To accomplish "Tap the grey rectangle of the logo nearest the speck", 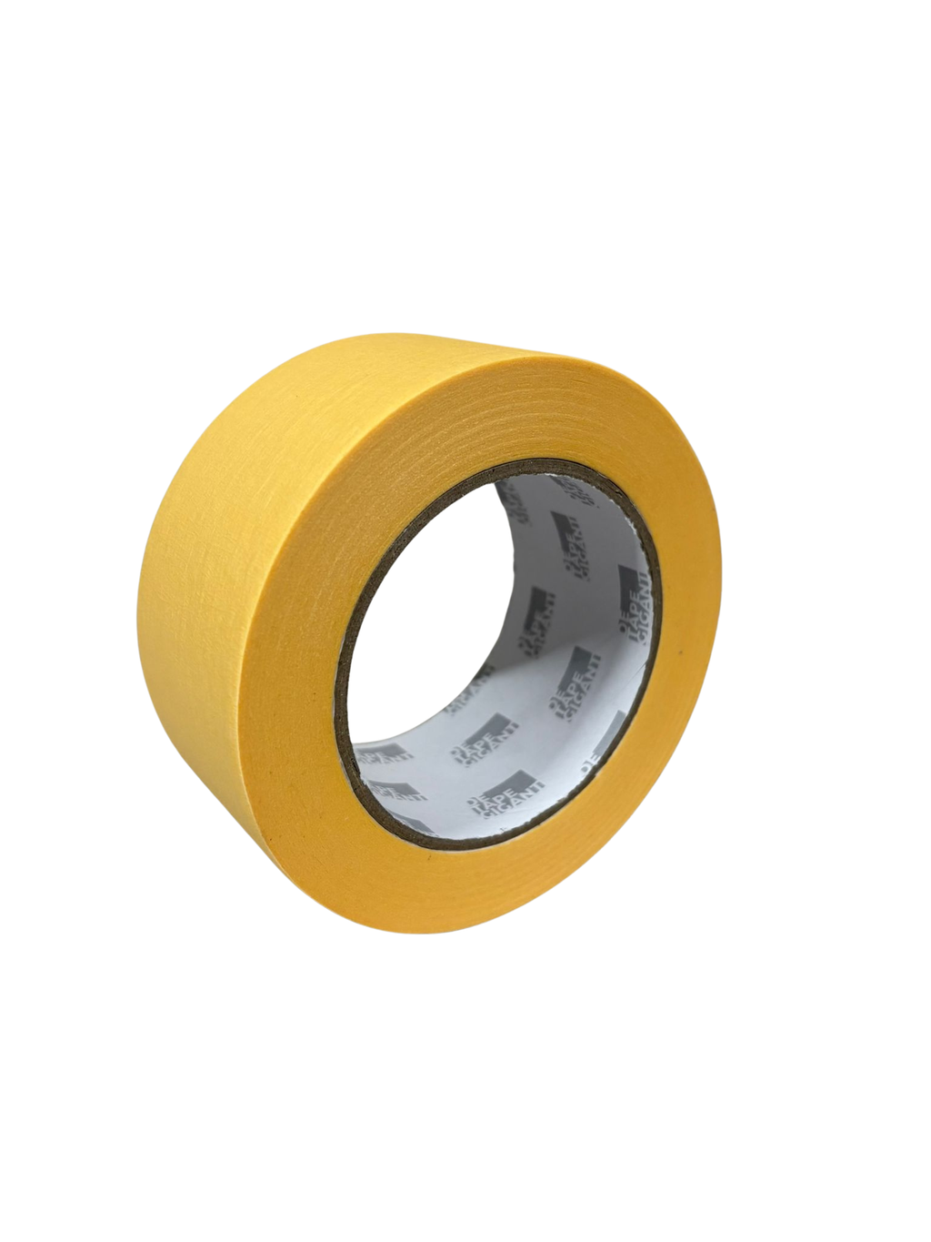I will [627, 577].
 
